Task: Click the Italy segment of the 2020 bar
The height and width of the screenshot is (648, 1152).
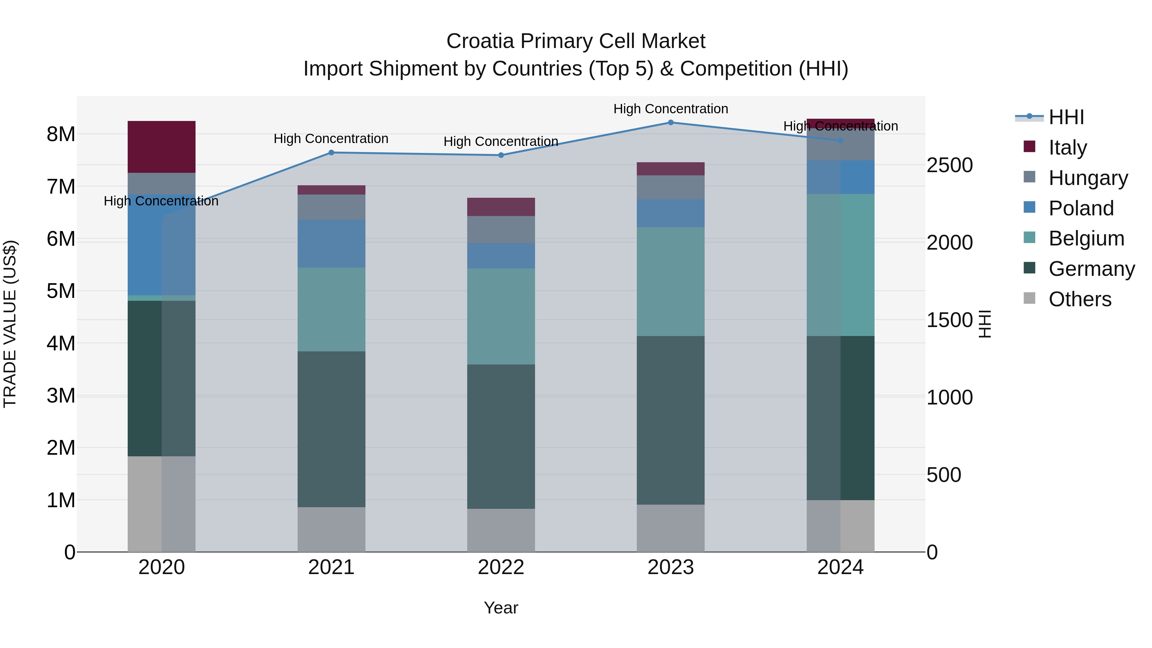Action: coord(162,147)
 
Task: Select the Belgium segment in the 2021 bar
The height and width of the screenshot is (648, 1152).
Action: coord(332,309)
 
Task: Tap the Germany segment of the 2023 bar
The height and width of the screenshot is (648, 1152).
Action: coord(670,420)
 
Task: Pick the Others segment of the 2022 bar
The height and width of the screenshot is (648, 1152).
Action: coord(501,530)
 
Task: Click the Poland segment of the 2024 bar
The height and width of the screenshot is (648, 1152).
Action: coord(840,177)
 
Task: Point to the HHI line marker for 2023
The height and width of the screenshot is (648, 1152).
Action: coord(670,123)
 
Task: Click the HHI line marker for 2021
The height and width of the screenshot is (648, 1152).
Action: coord(332,153)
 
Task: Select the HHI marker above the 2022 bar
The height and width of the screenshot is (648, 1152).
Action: coord(501,155)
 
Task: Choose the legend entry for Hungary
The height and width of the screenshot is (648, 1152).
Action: coord(1088,178)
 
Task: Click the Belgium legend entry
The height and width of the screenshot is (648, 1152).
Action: coord(1086,238)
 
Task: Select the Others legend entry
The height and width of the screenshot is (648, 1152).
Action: coord(1080,299)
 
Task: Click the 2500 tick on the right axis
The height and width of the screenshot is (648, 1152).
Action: coord(949,165)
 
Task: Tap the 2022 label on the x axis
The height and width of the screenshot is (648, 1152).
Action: coord(501,567)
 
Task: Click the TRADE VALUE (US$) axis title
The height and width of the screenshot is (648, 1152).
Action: coord(10,324)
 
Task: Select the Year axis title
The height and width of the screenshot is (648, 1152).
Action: coord(501,608)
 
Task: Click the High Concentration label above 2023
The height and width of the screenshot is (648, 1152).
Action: coord(670,109)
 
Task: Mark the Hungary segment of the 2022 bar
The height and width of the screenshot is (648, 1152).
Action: coord(501,229)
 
